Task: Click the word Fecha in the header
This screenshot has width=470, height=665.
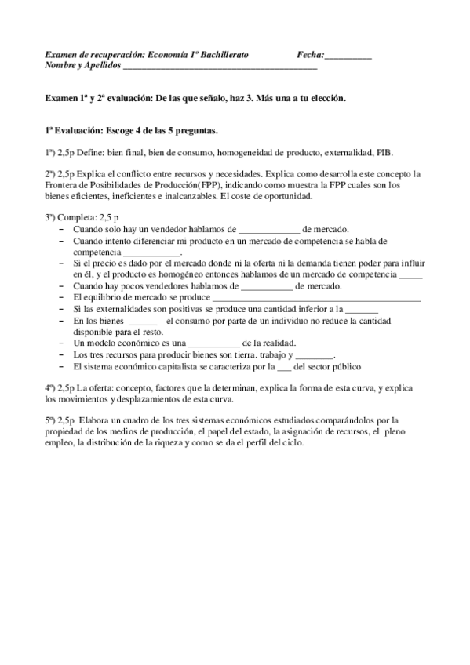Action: (309, 55)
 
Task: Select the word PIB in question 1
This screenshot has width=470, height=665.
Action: (384, 151)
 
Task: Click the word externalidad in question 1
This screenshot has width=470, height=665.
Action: (341, 151)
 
